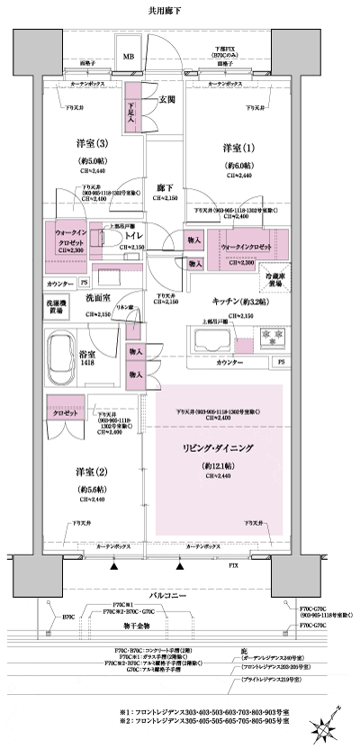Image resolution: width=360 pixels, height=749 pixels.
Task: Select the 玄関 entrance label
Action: (167, 98)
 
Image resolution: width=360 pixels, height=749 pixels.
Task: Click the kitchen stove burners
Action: (271, 338)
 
